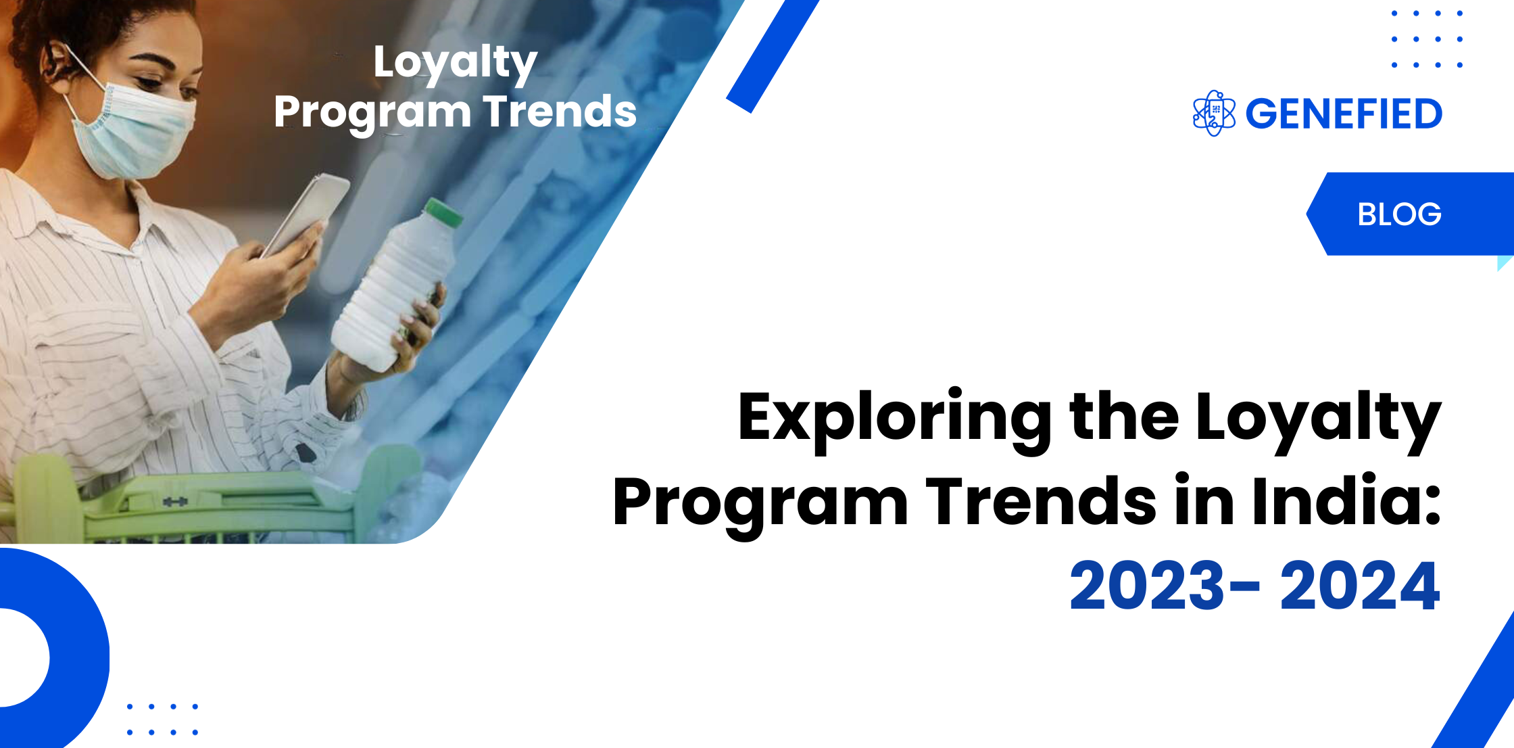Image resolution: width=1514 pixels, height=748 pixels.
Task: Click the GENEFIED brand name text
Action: (1344, 114)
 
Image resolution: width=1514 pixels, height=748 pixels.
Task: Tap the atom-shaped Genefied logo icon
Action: (1214, 113)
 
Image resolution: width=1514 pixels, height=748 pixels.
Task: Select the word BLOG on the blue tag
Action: (1399, 214)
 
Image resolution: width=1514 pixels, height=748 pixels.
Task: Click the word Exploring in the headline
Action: (894, 421)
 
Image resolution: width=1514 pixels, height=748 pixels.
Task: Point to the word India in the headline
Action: (1346, 501)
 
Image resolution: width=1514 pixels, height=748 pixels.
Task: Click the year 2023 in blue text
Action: (1147, 586)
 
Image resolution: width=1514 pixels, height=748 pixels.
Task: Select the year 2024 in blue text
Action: (1360, 586)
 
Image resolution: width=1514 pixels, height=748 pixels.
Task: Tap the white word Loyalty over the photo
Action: (456, 63)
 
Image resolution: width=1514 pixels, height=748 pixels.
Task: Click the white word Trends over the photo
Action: (560, 112)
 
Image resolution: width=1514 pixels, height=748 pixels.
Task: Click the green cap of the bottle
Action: (444, 211)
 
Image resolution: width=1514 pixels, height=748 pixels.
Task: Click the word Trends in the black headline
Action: (1042, 501)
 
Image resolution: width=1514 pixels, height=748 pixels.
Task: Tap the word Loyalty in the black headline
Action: (1318, 421)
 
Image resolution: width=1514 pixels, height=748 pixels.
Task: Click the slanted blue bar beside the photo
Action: (773, 56)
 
